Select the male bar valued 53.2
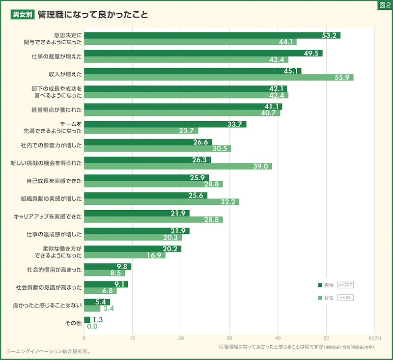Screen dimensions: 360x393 tap(212, 35)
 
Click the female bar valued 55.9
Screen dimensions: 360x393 tap(219, 77)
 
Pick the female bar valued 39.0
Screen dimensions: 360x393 tap(178, 166)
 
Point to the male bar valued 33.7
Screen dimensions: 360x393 tap(165, 124)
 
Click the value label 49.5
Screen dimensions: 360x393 tap(312, 53)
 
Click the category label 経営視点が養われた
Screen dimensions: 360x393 tap(56, 109)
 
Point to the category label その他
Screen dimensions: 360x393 tap(74, 323)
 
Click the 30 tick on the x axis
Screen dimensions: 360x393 tap(229, 338)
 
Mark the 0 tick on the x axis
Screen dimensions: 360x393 tap(84, 338)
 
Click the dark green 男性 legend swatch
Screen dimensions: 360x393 tap(320, 285)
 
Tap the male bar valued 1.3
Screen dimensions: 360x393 tap(87, 320)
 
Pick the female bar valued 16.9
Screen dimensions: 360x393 tap(125, 255)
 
